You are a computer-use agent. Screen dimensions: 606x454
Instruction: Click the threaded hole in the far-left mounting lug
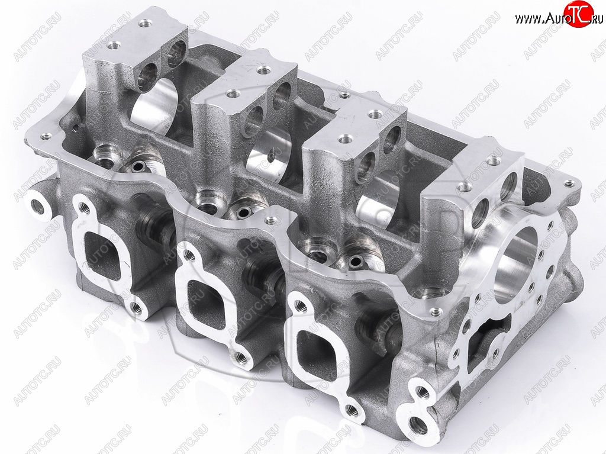coord(38,207)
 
